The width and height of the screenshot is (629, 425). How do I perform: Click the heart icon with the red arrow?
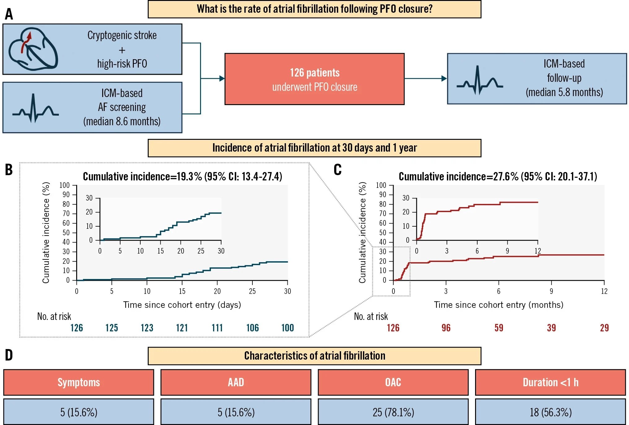point(33,49)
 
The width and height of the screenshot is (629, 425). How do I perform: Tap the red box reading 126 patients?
point(314,79)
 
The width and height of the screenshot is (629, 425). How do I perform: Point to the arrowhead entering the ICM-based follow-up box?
point(444,79)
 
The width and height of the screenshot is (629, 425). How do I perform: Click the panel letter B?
point(9,170)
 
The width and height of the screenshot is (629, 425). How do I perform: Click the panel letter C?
point(338,170)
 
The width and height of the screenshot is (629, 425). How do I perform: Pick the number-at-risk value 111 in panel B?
point(217,328)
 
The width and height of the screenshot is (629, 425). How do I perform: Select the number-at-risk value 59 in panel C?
point(499,328)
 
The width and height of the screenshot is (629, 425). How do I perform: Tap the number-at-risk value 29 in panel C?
point(604,328)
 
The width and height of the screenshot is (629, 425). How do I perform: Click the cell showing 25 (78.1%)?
point(393,412)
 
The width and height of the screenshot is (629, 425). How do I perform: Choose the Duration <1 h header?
point(550,383)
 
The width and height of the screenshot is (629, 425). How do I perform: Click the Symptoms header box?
point(79,383)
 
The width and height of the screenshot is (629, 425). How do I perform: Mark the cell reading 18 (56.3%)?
point(550,412)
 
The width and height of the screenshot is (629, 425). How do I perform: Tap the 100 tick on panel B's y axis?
point(64,185)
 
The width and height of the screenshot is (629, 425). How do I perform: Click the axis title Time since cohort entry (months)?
point(498,305)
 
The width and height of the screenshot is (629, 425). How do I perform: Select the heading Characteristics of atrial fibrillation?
point(314,356)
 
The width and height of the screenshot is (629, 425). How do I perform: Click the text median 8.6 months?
point(122,122)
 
